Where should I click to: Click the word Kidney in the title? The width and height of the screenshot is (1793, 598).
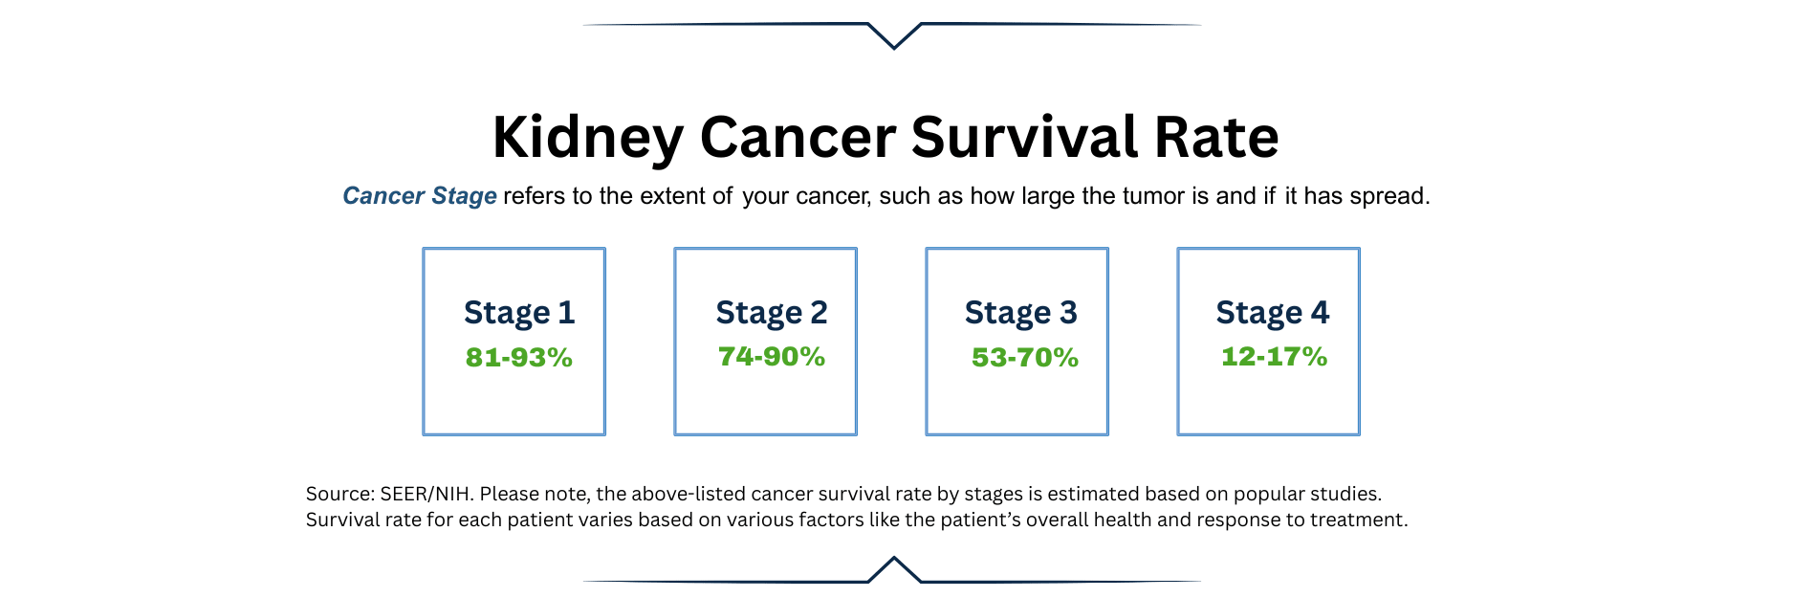[x=587, y=138]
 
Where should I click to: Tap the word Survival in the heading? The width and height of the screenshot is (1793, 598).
[x=1024, y=137]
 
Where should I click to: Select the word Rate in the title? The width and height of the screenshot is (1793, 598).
[x=1216, y=137]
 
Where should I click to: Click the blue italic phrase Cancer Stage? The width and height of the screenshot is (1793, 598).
[x=419, y=196]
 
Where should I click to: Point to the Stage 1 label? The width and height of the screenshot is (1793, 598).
[x=519, y=313]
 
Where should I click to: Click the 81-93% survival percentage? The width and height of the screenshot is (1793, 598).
[x=519, y=358]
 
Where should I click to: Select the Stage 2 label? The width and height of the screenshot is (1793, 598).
[x=771, y=313]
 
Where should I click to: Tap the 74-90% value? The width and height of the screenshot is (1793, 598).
[x=771, y=357]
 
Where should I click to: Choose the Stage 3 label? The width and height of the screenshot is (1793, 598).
[x=1020, y=313]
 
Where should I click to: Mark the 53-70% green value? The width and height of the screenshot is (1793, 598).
[x=1024, y=358]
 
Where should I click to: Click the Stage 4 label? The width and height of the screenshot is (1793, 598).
[x=1272, y=313]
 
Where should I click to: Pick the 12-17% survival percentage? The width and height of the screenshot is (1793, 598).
[x=1274, y=357]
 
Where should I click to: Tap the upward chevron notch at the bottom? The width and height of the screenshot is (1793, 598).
[x=894, y=568]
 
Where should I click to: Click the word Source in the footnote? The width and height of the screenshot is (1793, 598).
[x=339, y=495]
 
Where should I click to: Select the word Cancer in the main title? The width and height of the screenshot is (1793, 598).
[x=797, y=137]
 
